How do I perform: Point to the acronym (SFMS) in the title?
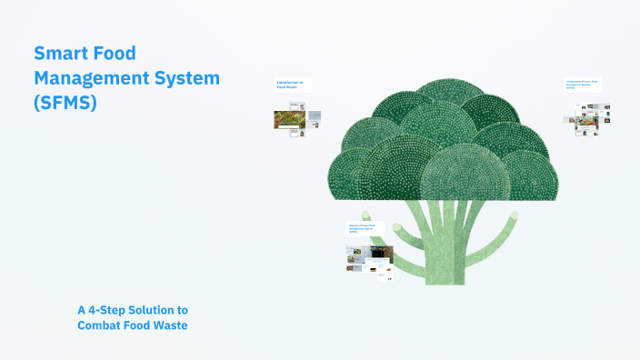(x=64, y=104)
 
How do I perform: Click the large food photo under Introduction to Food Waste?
(x=289, y=119)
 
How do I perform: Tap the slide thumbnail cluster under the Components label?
(x=592, y=118)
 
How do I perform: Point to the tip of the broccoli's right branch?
(x=514, y=215)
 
